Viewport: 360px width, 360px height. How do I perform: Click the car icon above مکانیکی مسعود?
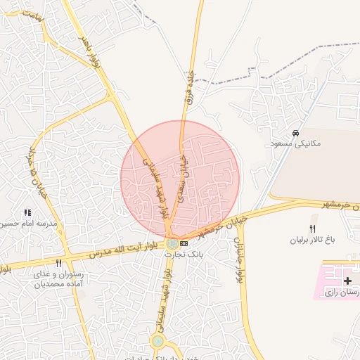tap(296, 133)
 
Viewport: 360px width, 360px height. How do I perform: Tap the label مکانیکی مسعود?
tap(295, 143)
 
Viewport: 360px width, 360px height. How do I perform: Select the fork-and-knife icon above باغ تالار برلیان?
tap(313, 229)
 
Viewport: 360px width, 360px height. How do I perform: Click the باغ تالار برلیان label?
tap(313, 240)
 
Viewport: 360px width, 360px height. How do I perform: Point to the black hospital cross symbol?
tap(347, 281)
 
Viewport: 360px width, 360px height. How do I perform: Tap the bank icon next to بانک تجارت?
tap(184, 243)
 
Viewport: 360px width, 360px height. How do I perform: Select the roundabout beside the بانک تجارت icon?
tap(172, 243)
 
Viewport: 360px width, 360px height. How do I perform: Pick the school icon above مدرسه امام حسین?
tap(27, 212)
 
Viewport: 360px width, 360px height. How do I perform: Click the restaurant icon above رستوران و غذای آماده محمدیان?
tap(58, 263)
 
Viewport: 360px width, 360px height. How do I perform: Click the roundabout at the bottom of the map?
tap(157, 342)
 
